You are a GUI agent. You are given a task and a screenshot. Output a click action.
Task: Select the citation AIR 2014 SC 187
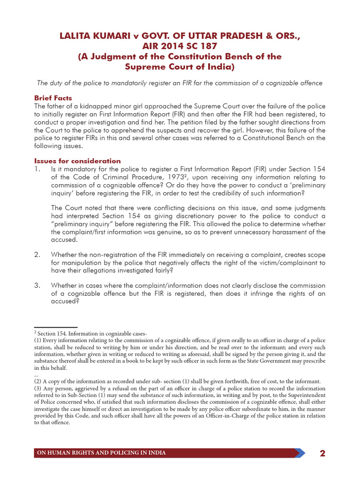180,46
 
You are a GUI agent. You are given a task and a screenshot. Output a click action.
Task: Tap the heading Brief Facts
53,98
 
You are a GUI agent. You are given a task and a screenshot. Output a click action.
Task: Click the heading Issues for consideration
77,161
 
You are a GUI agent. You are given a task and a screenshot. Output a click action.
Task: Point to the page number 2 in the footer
322,453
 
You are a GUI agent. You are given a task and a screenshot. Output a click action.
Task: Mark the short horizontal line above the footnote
56,327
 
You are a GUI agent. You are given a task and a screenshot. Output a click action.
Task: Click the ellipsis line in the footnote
36,375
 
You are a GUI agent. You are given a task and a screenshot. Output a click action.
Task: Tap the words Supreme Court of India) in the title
180,67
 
